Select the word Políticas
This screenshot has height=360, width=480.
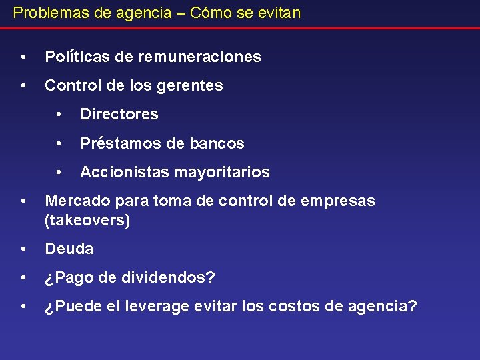[77, 57]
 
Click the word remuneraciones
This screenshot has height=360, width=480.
[199, 57]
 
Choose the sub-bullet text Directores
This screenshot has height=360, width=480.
[119, 114]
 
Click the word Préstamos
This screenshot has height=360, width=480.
[117, 143]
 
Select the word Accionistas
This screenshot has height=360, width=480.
[125, 172]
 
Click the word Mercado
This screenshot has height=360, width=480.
[75, 201]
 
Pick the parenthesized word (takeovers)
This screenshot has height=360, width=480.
[87, 220]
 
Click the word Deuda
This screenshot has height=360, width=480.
[69, 249]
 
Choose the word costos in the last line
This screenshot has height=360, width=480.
[292, 307]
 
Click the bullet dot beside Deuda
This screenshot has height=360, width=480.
[24, 249]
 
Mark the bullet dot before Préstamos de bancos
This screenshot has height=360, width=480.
[59, 143]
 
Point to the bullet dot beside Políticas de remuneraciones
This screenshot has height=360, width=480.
[24, 57]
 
